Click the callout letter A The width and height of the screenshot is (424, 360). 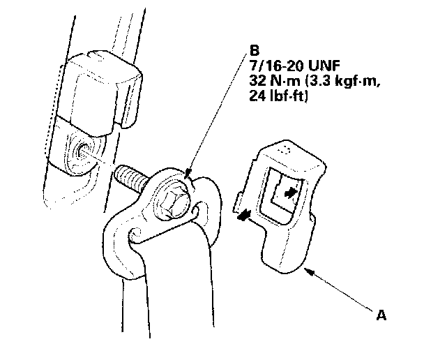pos(381,315)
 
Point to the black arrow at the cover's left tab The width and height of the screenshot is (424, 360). pos(243,217)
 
